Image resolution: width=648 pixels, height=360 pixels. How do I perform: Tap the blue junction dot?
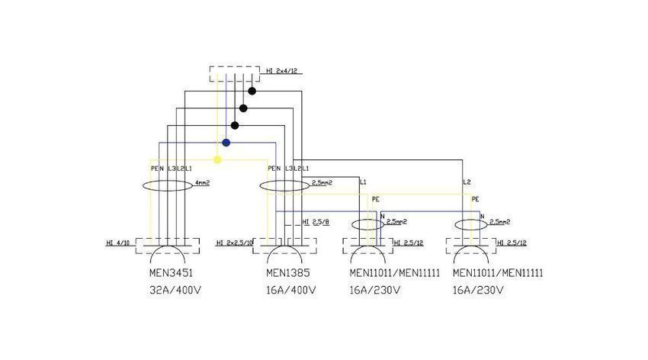click(x=226, y=143)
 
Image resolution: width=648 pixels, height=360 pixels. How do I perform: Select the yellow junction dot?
click(x=218, y=160)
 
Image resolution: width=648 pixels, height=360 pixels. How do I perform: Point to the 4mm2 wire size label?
click(x=202, y=184)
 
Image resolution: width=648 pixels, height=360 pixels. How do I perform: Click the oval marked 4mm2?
click(x=168, y=185)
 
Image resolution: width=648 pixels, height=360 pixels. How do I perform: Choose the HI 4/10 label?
click(x=118, y=243)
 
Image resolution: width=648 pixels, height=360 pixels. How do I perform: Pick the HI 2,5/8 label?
click(x=316, y=222)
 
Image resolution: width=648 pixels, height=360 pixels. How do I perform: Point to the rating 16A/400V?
click(x=290, y=291)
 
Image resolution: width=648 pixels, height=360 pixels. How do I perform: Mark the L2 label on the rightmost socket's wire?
click(x=467, y=182)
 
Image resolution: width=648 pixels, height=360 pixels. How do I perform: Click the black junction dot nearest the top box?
click(x=252, y=91)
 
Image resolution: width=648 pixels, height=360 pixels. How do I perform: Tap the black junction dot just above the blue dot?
click(x=235, y=125)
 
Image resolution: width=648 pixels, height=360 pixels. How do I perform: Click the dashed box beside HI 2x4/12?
click(x=236, y=73)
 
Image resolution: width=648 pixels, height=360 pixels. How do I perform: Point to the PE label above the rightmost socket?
click(x=475, y=199)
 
